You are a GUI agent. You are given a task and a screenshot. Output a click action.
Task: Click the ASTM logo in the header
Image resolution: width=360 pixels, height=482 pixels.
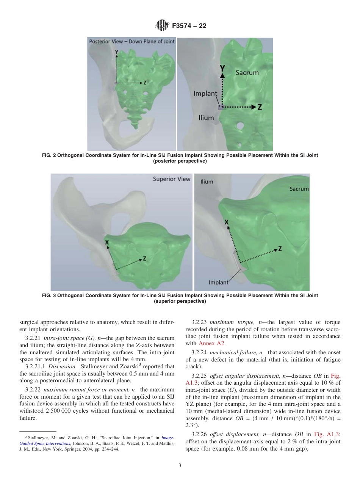[162, 26]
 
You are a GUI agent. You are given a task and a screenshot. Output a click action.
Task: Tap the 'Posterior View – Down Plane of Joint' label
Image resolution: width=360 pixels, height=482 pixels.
[131, 41]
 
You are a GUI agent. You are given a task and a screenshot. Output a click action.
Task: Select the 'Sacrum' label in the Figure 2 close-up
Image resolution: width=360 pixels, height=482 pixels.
[247, 72]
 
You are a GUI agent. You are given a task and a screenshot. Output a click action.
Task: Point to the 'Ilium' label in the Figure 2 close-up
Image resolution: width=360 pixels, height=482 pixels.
[206, 118]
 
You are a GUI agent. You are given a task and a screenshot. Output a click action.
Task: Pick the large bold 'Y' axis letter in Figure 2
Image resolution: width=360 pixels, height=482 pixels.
[223, 67]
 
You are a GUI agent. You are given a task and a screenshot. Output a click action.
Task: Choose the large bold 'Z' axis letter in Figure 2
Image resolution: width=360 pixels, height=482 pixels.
[260, 107]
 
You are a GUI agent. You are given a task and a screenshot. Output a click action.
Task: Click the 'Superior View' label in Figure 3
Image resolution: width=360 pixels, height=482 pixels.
[172, 179]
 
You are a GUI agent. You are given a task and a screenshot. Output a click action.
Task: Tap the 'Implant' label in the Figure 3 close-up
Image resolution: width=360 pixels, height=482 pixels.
[219, 282]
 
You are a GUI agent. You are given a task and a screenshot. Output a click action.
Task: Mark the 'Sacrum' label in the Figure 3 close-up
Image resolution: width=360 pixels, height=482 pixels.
[299, 188]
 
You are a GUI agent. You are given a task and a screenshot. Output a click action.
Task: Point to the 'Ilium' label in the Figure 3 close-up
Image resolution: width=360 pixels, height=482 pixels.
[207, 182]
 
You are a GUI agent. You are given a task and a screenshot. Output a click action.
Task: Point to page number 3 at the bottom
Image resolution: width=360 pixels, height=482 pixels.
[180, 466]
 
